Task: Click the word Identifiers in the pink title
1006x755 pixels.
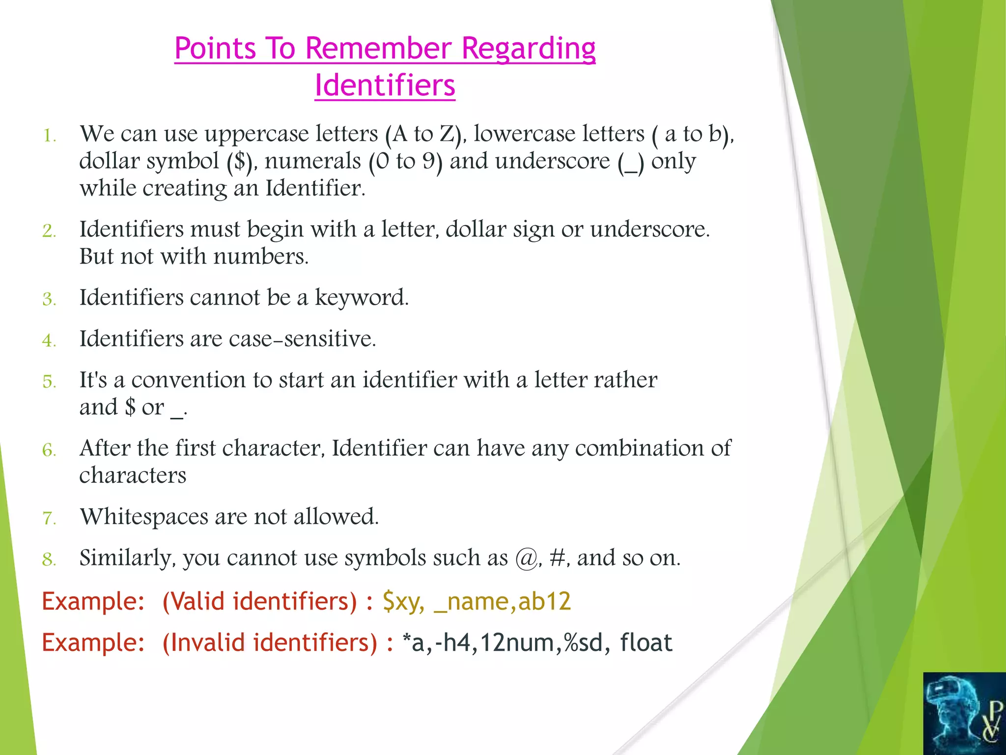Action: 385,86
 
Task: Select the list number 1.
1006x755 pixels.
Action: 49,136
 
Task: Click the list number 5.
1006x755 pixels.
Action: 49,382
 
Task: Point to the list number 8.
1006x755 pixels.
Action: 49,559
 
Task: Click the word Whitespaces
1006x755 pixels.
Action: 144,517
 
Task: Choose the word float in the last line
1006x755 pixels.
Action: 645,642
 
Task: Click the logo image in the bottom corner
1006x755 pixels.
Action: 964,713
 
